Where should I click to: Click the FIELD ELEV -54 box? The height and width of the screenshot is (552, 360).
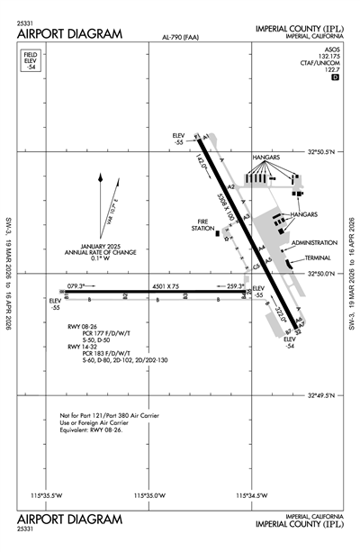[31, 61]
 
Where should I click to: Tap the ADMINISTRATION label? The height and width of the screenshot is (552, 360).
[311, 242]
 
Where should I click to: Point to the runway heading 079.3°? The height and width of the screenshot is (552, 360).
[81, 285]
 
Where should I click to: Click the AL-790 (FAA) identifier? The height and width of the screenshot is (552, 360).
[182, 38]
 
